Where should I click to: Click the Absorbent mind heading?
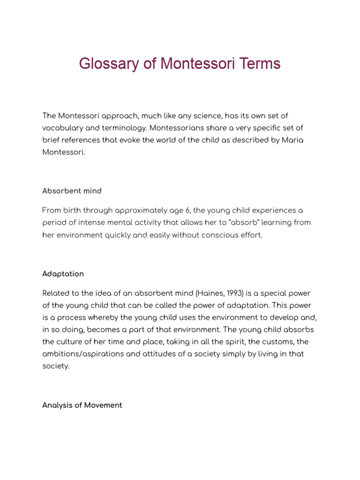click(72, 191)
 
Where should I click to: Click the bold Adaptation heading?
click(63, 274)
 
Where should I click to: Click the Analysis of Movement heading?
click(82, 405)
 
